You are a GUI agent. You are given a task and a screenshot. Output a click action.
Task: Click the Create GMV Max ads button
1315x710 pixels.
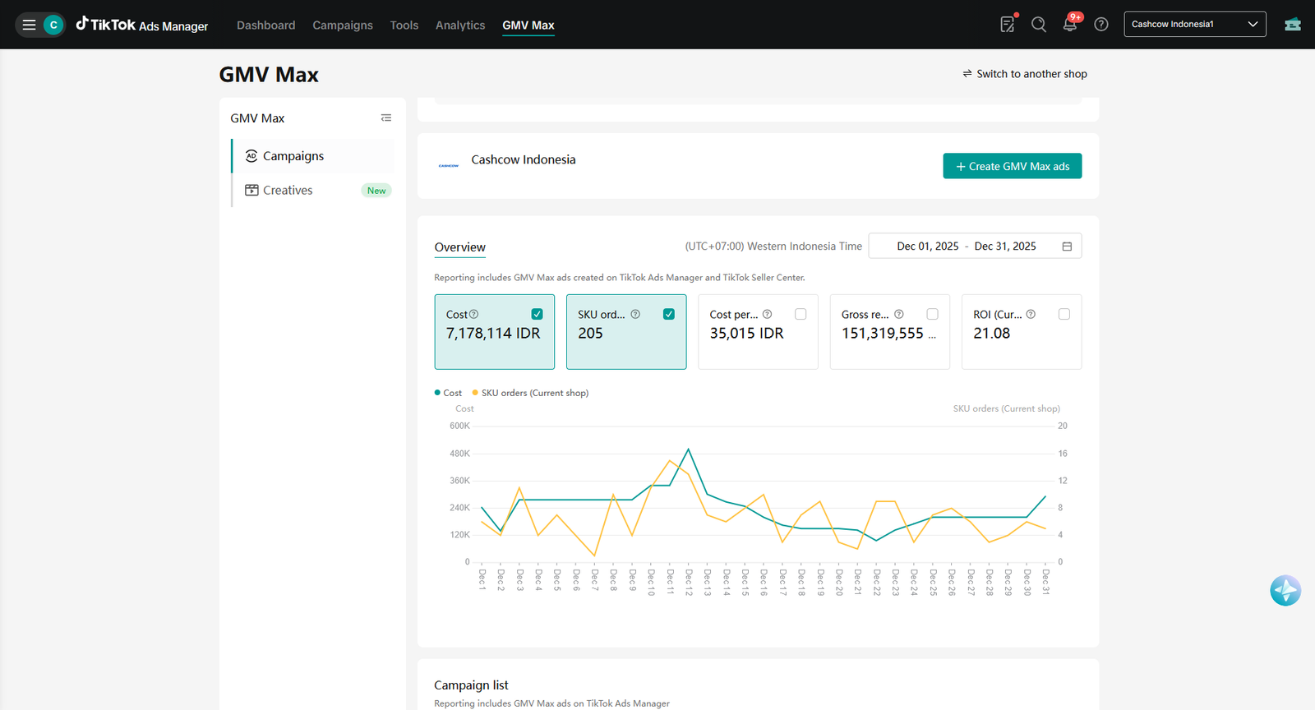[x=1012, y=166]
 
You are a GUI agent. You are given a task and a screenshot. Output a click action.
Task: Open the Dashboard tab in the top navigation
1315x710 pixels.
[x=266, y=25]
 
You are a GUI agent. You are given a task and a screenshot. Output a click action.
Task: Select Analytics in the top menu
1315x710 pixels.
[x=460, y=25]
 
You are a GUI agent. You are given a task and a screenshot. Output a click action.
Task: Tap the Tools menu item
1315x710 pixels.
[x=404, y=25]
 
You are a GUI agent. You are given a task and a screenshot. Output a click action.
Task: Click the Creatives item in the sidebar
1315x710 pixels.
[x=288, y=190]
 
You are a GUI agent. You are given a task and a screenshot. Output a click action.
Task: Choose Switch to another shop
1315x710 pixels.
[x=1025, y=74]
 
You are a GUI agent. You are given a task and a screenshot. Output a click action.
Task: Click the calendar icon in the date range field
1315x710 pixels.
[x=1067, y=247]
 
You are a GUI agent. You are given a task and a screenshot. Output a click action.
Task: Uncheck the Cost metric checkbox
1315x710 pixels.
[x=537, y=315]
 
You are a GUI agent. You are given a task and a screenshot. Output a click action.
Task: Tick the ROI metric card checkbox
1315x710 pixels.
[x=1064, y=315]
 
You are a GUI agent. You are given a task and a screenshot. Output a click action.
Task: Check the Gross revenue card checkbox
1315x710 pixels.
[x=932, y=315]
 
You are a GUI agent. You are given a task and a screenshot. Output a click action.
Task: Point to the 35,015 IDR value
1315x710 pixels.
[x=746, y=334]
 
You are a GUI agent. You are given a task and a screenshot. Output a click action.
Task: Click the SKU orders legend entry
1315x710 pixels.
[x=530, y=393]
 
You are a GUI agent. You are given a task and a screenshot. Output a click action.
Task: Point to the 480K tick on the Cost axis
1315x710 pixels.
[x=459, y=454]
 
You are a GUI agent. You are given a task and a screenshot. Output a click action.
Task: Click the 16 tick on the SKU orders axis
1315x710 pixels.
[x=1063, y=454]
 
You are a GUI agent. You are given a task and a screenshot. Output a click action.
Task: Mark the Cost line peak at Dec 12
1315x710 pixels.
[x=688, y=449]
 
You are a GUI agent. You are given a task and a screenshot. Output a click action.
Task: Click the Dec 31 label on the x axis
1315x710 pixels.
[x=1045, y=582]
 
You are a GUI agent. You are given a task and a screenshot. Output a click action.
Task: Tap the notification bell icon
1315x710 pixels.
[x=1069, y=25]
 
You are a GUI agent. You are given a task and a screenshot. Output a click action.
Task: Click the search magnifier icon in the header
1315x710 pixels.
[x=1039, y=25]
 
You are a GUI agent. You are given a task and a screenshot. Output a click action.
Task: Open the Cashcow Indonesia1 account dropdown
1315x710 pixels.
[x=1195, y=24]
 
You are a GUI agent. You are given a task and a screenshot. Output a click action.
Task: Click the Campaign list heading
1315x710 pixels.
[x=471, y=685]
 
